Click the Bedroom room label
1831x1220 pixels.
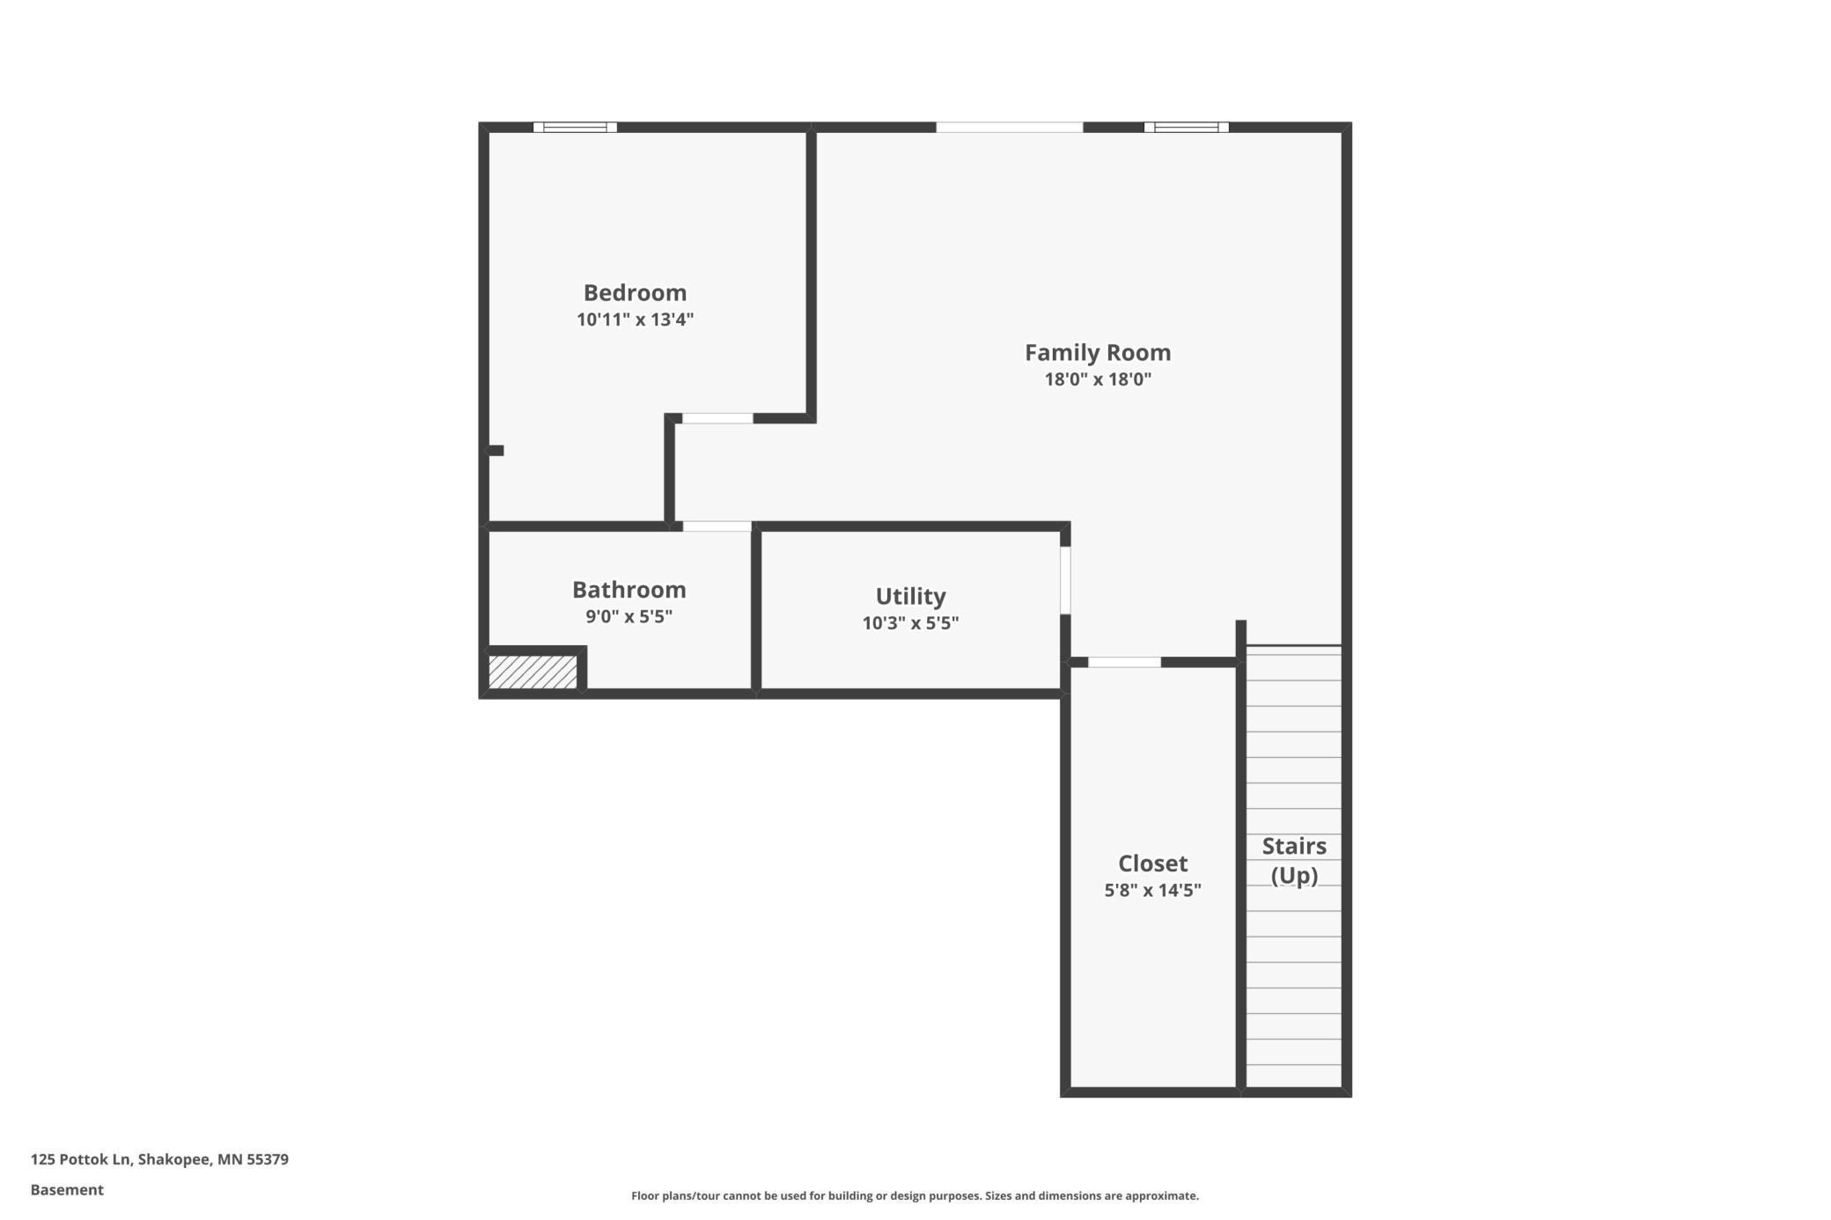pos(635,292)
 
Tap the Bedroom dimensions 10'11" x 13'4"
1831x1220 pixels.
pos(635,320)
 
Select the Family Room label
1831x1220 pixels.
pos(1098,353)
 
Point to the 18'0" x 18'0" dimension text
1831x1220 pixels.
pos(1098,379)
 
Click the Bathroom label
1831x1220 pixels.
pos(629,589)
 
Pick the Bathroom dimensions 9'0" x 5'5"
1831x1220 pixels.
pos(629,616)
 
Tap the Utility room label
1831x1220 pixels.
pos(910,597)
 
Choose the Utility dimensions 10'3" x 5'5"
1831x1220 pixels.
pos(910,623)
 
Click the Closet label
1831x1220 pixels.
pos(1152,863)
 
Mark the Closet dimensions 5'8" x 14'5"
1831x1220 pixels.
pos(1152,890)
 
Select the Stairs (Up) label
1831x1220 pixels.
pos(1294,861)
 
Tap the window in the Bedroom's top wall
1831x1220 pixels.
pos(575,128)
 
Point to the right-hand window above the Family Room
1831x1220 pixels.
pos(1186,128)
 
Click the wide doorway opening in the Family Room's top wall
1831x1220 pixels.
pos(1009,128)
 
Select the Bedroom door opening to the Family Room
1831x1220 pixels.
pos(717,418)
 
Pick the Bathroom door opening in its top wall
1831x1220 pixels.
pos(717,526)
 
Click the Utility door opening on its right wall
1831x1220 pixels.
pos(1065,581)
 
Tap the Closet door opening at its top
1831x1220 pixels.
pos(1124,662)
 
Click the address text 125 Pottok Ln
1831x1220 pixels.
pos(81,1159)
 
